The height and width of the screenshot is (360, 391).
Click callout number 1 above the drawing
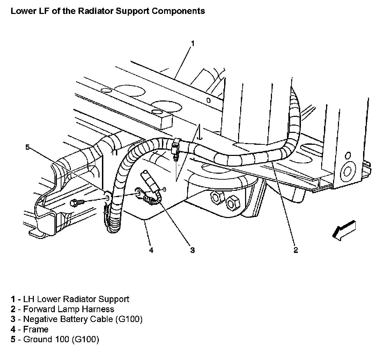point(192,43)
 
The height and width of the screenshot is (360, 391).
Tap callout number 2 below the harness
point(296,250)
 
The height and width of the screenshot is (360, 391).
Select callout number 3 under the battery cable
point(192,250)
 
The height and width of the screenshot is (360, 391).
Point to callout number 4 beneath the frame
point(151,250)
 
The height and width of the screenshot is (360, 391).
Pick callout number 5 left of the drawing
point(28,147)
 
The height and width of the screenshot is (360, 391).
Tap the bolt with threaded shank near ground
point(78,202)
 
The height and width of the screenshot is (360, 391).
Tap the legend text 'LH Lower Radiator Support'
point(76,299)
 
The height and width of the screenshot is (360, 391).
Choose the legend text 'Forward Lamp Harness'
point(68,309)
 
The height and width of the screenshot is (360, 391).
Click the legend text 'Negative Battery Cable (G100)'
point(83,319)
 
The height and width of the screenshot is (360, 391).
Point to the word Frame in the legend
point(36,329)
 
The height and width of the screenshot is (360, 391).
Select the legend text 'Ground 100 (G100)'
point(61,339)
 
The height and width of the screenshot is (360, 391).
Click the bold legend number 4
point(13,329)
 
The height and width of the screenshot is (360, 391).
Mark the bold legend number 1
point(13,299)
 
